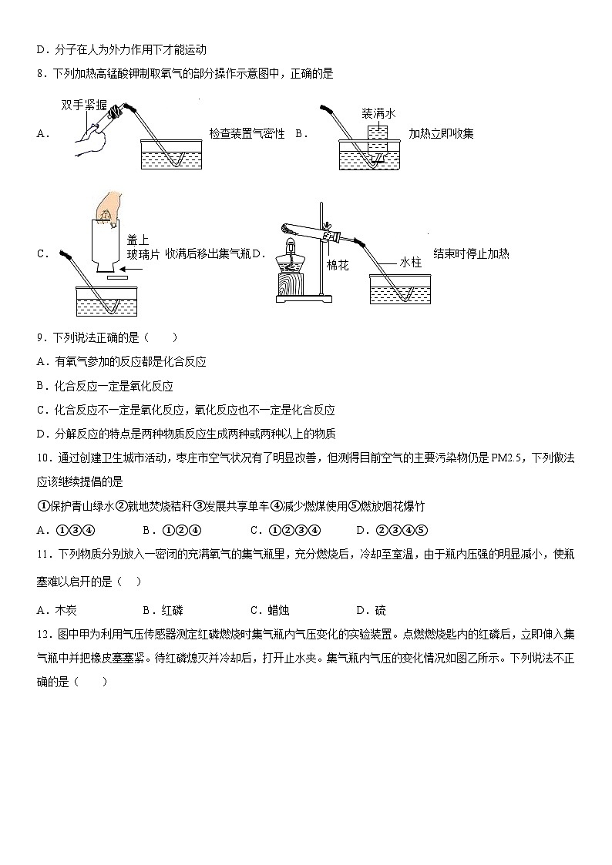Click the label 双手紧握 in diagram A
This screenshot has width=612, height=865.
(84, 106)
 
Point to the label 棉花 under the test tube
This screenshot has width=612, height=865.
(338, 265)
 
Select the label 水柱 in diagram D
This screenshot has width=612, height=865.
(411, 263)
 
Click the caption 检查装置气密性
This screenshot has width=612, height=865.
(247, 133)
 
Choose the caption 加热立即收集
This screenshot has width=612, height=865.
(441, 133)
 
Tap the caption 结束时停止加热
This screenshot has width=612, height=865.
(471, 253)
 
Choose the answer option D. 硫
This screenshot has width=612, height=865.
(371, 610)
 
